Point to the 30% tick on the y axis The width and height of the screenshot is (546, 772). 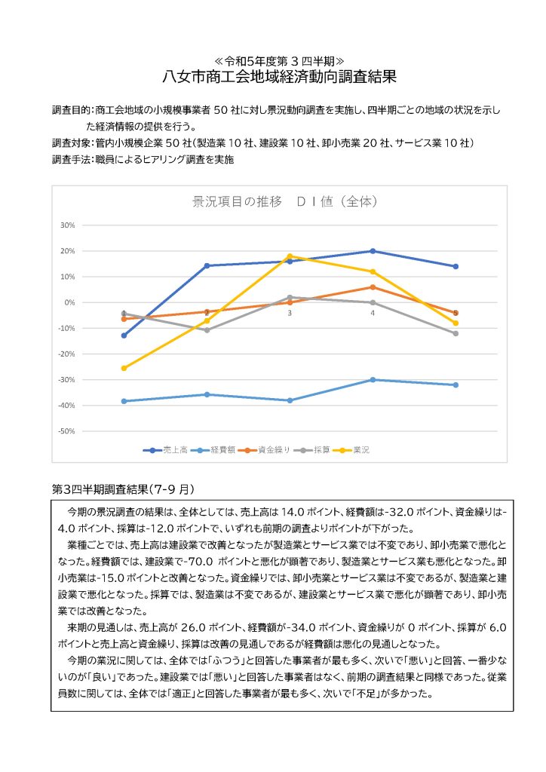pos(67,225)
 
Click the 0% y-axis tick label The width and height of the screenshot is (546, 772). pos(69,302)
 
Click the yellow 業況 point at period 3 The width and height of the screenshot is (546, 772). pos(290,256)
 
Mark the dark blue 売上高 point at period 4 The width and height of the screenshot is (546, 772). pos(373,251)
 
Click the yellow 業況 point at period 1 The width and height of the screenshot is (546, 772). pos(124,368)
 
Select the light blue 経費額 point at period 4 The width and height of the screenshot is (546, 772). pos(373,379)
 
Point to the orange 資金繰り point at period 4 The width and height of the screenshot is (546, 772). pos(373,287)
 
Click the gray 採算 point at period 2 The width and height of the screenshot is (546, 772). pos(207,330)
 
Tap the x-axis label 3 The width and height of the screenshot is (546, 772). pos(290,312)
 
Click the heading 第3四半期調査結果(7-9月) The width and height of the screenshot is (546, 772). pos(124,489)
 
